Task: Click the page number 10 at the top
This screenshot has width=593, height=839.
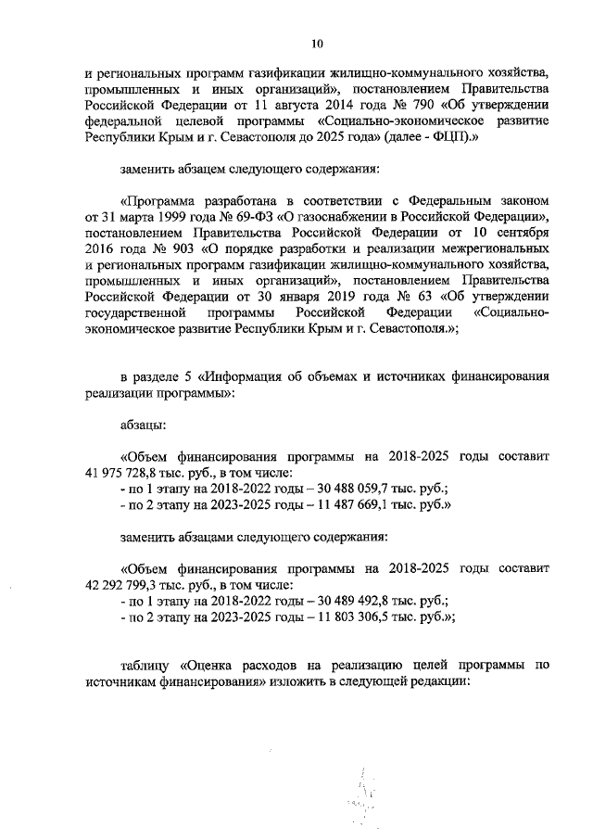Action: [x=317, y=42]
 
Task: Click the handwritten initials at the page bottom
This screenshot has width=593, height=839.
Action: [x=365, y=795]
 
